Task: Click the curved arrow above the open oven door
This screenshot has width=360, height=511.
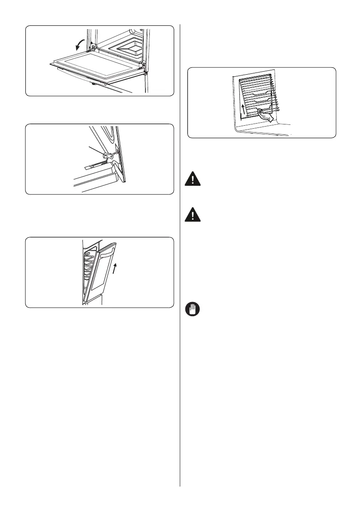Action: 80,43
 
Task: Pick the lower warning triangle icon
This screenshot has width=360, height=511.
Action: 194,215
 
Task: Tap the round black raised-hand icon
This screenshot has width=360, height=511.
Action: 194,310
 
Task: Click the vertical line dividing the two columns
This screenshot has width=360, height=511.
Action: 180,257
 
